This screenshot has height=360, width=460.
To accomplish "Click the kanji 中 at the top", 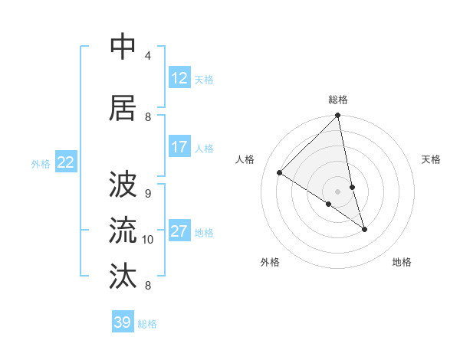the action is pos(123,47).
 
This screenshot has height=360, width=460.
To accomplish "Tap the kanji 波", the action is pos(123,184).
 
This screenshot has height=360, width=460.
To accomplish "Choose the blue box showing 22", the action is pos(66,162).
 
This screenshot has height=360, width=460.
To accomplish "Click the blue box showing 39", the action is pos(122,322).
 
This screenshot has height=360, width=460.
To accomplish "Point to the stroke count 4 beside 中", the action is pos(148,56).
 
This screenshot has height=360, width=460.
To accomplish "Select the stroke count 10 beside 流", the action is pos(148,240).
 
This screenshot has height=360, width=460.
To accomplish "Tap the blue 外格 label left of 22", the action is pos(41,163).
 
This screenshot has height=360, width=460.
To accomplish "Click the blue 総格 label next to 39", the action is pos(147,324).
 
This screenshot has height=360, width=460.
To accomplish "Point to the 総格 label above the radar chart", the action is pos(338,100).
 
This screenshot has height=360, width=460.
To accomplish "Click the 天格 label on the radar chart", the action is pos(431,159).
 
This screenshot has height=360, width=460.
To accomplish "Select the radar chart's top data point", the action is pos(337,116).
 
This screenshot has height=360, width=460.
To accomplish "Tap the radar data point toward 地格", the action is pos(364,229).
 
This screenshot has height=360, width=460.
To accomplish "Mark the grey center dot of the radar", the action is pos(337,191).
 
